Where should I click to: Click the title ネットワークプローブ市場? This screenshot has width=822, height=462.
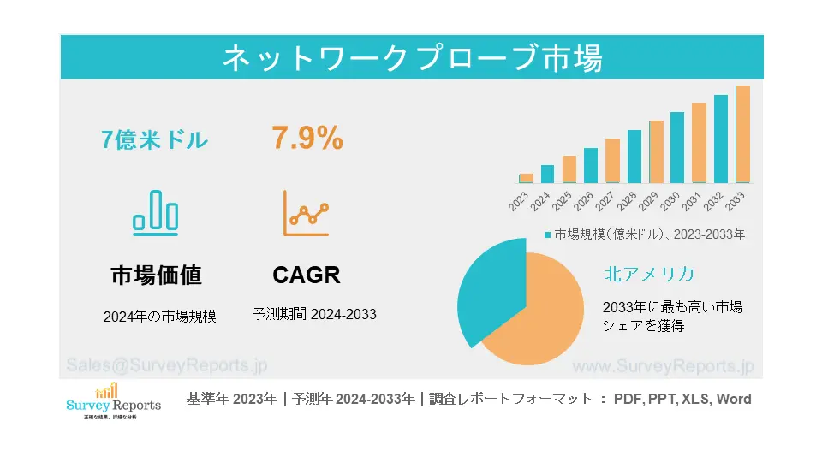pos(412,58)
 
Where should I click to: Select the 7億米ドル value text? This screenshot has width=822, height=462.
pos(154,139)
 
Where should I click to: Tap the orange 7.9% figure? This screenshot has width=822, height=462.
pos(307,138)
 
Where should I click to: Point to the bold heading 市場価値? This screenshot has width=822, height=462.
pos(156,275)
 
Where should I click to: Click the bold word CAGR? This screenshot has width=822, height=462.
pos(307,275)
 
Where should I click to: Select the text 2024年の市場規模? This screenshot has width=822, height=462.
pos(159,316)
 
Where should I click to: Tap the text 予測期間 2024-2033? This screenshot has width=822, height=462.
pos(314,314)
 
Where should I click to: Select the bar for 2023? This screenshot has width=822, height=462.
pos(526,178)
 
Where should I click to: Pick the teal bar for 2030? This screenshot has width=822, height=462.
pos(677,147)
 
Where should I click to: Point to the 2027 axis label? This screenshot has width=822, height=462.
pos(605,201)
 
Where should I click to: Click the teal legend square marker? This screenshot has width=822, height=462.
pos(547,234)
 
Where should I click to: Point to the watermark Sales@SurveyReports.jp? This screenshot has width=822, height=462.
pos(167,365)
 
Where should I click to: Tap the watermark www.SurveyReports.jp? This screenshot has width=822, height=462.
pos(662,366)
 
